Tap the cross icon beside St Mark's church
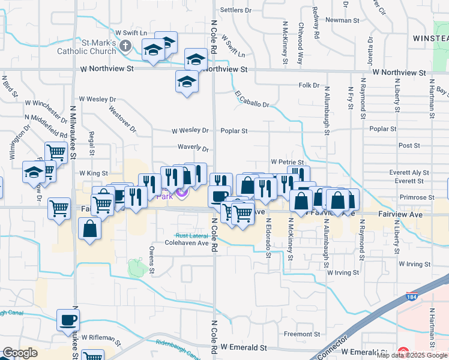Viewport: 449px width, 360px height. click(125, 45)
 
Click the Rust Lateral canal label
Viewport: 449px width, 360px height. click(190, 235)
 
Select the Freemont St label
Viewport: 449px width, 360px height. click(302, 334)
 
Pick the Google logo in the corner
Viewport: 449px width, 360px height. click(20, 353)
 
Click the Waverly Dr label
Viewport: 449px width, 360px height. click(192, 148)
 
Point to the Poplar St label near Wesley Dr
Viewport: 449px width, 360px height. click(234, 130)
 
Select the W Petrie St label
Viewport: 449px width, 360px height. click(286, 162)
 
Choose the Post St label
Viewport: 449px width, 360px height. click(409, 146)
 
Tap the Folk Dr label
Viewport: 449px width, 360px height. click(309, 86)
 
